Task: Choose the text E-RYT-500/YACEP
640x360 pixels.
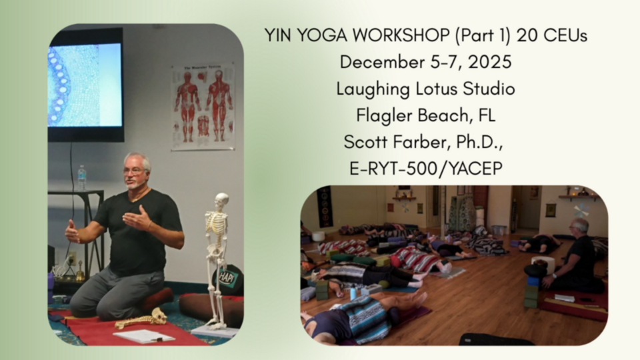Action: point(426,169)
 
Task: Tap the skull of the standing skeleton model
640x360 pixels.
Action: point(221,201)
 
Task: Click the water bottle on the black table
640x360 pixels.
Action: point(81,178)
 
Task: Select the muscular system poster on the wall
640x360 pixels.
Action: point(203,107)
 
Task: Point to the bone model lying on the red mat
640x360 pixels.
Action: point(141,319)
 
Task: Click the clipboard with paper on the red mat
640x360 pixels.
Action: point(144,336)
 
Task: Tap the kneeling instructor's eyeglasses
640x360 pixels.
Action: point(134,171)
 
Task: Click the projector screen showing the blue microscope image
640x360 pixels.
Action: point(85,85)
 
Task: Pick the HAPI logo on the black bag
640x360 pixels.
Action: point(228,278)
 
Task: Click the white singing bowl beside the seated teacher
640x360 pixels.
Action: point(543,264)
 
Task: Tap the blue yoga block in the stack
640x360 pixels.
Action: point(533,281)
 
